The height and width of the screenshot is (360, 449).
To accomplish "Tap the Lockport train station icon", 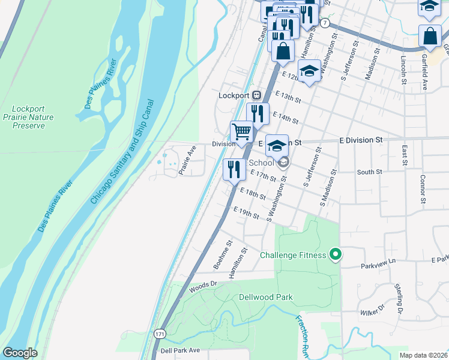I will click(x=256, y=95).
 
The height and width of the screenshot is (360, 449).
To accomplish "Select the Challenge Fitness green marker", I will click(x=336, y=256).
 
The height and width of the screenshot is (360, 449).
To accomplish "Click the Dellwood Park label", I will click(x=265, y=296).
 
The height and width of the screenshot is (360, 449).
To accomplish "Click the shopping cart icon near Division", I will click(x=241, y=131).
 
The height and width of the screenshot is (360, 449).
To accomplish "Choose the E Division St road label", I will click(x=360, y=139).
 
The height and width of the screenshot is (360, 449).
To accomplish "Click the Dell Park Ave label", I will click(x=179, y=350).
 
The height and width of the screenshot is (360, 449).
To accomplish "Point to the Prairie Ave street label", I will click(x=187, y=160).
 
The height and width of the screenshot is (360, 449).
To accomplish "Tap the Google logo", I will click(x=20, y=353).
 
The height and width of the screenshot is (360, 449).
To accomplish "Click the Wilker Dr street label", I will click(x=372, y=310).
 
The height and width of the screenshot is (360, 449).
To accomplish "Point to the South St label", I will click(x=369, y=172).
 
